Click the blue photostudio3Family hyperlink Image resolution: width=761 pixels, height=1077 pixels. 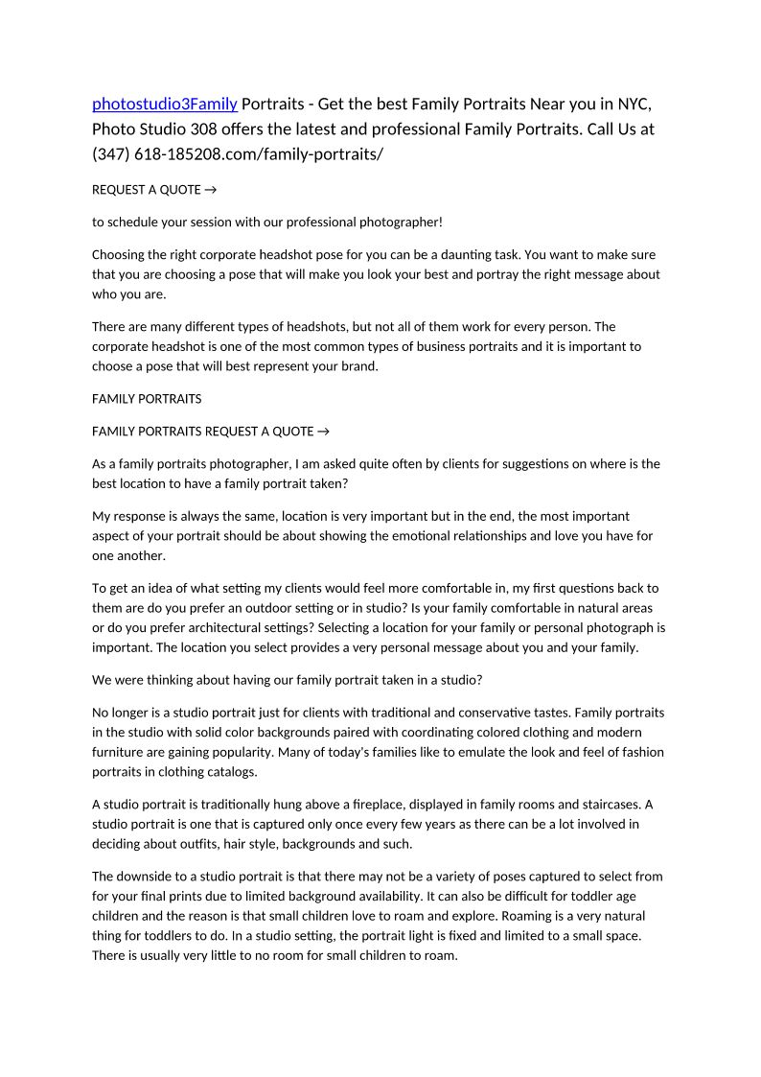(x=164, y=104)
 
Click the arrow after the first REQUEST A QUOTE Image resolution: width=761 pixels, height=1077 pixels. (x=211, y=190)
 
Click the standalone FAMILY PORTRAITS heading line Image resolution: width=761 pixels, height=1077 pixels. (x=147, y=399)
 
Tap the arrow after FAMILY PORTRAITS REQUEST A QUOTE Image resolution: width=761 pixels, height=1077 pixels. (x=324, y=432)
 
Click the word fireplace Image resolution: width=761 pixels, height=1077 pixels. (x=395, y=805)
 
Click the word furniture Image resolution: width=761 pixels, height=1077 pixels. (x=122, y=753)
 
